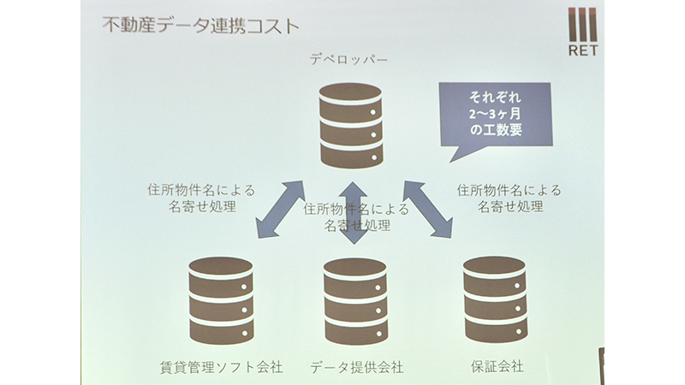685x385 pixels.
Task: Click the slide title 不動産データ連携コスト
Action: coord(200,26)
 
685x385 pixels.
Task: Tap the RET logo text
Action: coord(583,50)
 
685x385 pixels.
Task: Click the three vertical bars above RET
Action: coord(582,25)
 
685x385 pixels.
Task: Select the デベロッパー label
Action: coord(348,59)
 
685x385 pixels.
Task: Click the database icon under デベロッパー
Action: coord(351,126)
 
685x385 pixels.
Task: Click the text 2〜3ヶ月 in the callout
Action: coord(496,114)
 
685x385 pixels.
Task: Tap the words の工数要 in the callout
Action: coord(496,130)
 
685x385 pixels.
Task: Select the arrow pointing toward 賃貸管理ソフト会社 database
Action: coord(281,210)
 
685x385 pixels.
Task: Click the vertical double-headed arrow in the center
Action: coord(354,212)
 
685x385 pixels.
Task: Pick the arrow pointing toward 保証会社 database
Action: coord(427,210)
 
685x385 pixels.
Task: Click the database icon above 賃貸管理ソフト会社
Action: coord(221,300)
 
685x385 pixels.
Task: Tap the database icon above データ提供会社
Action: coord(355,301)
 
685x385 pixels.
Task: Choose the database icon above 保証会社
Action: coord(495,299)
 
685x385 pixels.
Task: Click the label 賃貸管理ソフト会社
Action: coord(222,367)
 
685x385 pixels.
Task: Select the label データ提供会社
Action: coord(356,367)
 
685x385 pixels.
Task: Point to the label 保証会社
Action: coord(497,366)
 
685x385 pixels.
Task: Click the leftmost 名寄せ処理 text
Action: coord(202,206)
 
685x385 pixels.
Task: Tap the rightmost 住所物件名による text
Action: coord(509,190)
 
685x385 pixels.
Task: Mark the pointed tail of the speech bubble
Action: coord(451,162)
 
